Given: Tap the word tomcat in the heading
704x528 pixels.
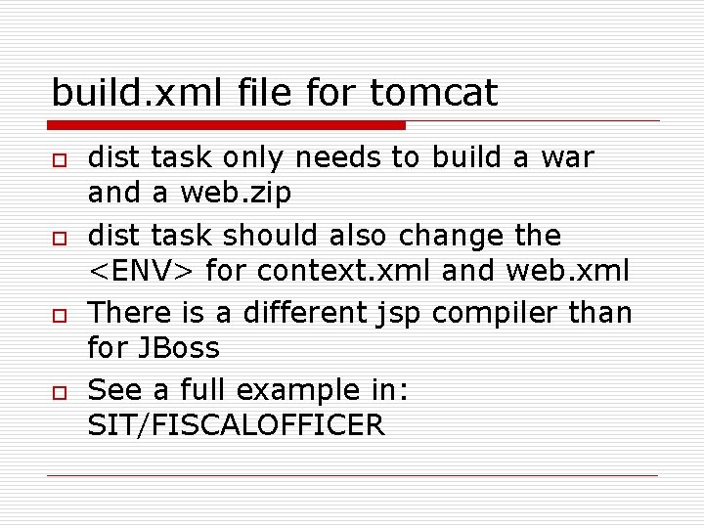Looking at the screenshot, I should pos(434,93).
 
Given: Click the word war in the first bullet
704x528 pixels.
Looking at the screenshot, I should pos(567,157).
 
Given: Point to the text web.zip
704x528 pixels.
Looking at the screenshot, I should pos(236,194).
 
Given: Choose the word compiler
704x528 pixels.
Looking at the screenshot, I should pos(496,313).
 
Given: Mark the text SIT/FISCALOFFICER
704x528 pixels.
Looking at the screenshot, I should pos(236,425).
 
